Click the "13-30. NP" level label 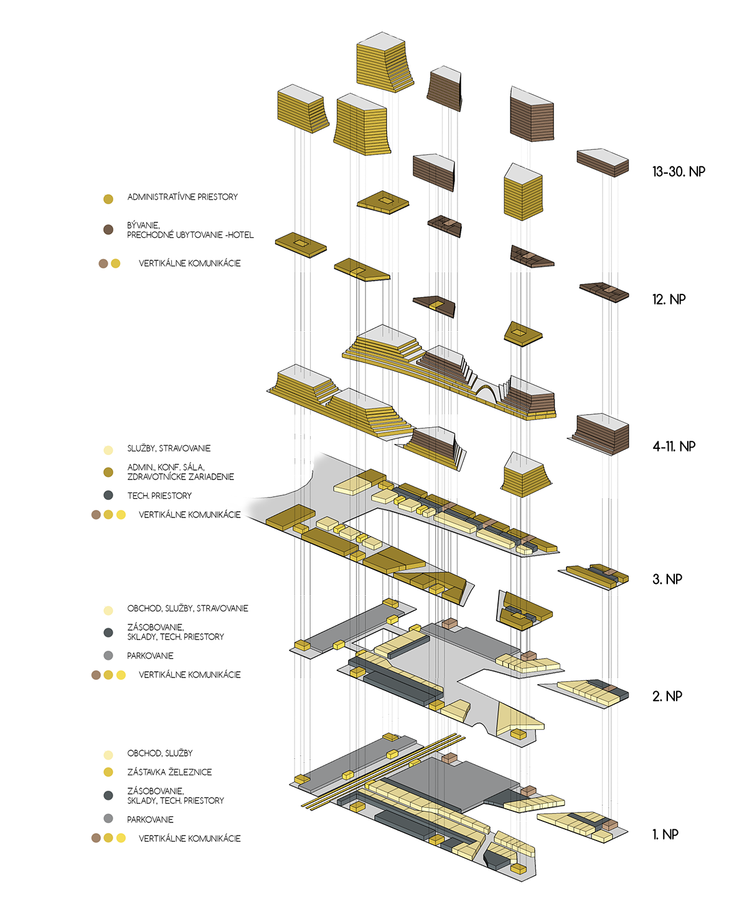click(679, 172)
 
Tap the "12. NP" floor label click(669, 299)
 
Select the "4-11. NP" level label click(674, 446)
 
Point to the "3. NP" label click(667, 579)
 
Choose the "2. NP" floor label click(667, 696)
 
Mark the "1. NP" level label click(665, 834)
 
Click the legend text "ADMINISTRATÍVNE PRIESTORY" click(182, 197)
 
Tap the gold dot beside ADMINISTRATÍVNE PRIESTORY click(108, 199)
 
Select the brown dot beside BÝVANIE click(108, 230)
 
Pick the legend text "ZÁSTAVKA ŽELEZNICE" click(169, 772)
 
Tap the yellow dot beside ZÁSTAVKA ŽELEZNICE click(108, 772)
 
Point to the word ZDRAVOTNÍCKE click(156, 477)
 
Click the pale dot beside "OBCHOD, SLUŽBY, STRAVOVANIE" click(108, 611)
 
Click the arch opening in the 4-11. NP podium click(487, 394)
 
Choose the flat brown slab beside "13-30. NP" click(603, 162)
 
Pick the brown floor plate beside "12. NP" click(604, 291)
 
